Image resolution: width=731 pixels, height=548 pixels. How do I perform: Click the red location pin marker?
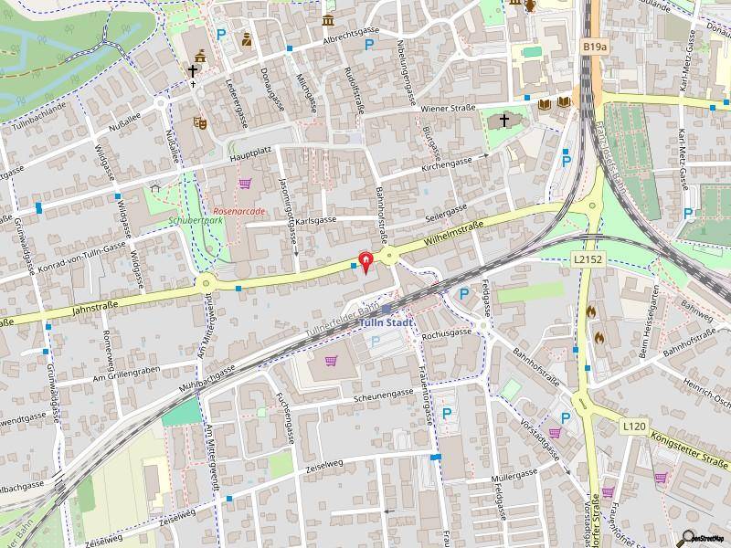click(367, 263)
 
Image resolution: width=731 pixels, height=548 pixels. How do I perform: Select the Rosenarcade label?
click(238, 210)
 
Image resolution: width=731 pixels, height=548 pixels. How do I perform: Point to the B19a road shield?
click(594, 45)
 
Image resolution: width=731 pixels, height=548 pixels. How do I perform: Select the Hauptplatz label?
click(253, 156)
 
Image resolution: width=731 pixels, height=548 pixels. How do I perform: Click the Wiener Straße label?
click(449, 108)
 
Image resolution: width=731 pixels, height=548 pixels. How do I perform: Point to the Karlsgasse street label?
click(315, 220)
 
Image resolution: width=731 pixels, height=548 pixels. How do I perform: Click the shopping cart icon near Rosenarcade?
click(244, 184)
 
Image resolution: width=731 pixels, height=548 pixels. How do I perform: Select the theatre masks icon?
click(199, 121)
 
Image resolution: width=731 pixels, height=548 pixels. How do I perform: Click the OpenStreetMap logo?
click(705, 538)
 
